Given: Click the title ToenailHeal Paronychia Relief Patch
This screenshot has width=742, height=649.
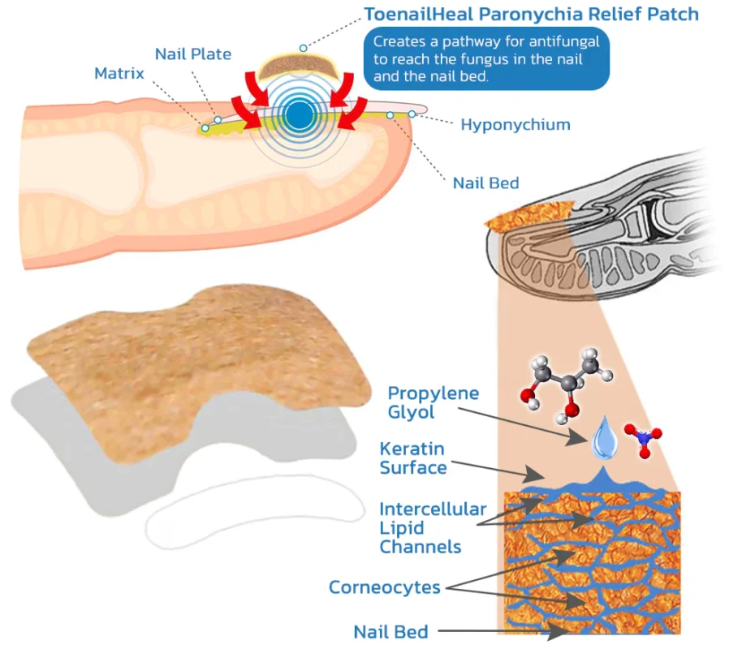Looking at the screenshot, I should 531,14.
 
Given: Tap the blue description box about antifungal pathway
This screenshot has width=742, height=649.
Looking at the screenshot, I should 486,59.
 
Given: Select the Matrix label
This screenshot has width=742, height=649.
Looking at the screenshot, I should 119,73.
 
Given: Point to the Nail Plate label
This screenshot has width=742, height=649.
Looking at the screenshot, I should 193,54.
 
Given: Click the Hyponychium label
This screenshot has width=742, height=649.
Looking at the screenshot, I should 516,124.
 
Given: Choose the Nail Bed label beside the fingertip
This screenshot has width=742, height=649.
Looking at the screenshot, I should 485,183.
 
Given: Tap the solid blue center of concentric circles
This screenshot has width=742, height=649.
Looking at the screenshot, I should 300,115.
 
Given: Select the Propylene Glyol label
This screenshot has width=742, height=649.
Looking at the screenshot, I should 433,402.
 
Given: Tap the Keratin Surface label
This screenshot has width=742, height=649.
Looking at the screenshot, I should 413,458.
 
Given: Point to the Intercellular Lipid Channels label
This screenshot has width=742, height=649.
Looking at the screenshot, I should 433,527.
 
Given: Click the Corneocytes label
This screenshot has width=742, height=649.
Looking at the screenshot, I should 385,587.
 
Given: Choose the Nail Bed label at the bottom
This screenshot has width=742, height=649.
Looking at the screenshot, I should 391,631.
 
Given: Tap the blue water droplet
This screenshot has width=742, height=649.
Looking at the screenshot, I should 603,438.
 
